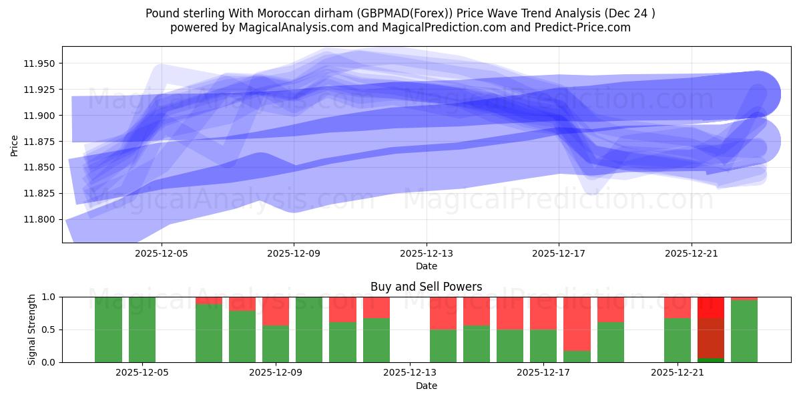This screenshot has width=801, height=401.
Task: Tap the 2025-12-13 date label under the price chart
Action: click(x=427, y=254)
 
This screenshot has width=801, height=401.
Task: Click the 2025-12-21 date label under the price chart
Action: click(x=692, y=254)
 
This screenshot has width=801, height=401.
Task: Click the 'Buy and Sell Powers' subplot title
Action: click(x=427, y=287)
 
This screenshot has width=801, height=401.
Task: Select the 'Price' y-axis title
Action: click(x=15, y=144)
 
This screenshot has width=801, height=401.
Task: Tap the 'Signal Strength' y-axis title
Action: click(x=32, y=329)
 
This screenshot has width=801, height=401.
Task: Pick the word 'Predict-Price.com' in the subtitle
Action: click(x=585, y=27)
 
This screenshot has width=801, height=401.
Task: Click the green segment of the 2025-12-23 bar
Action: click(x=744, y=331)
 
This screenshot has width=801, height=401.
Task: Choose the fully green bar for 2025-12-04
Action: click(x=109, y=329)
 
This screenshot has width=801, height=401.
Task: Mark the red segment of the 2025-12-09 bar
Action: click(x=276, y=311)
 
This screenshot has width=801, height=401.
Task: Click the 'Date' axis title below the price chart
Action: click(x=427, y=266)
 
